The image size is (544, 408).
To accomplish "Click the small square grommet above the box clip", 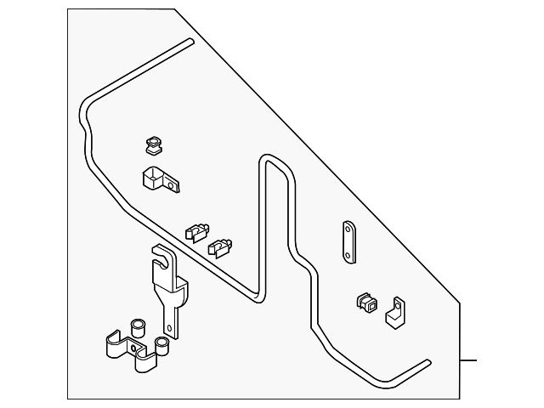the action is [154, 146].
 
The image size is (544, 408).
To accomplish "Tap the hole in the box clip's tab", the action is [174, 182].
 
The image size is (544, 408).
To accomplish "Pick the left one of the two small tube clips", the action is [196, 229].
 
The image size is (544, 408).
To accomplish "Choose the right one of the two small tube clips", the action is [220, 246].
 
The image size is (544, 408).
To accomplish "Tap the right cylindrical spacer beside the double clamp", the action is [161, 344].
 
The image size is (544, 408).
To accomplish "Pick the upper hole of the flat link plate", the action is [348, 229].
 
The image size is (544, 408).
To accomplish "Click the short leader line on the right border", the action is [469, 360].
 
